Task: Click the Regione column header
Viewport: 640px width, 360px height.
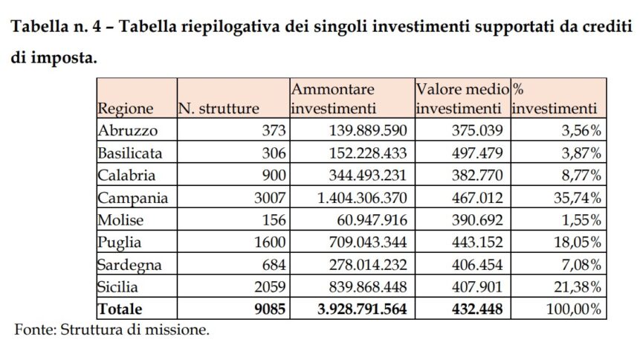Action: click(125, 109)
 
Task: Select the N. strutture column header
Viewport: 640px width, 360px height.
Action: click(219, 109)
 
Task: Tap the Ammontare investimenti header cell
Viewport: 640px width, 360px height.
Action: click(333, 99)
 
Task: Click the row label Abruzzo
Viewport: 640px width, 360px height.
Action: click(125, 131)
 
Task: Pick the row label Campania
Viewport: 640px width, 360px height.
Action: click(132, 198)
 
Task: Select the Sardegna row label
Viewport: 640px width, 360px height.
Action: click(129, 264)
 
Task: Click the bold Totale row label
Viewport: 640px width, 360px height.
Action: click(119, 308)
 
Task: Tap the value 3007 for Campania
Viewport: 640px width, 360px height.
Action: click(270, 198)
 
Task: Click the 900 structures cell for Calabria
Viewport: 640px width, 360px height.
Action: click(274, 176)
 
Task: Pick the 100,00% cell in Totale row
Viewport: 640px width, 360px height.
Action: click(573, 308)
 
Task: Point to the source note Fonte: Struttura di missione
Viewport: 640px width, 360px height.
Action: click(112, 329)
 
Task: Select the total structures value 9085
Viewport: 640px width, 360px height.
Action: click(269, 308)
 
